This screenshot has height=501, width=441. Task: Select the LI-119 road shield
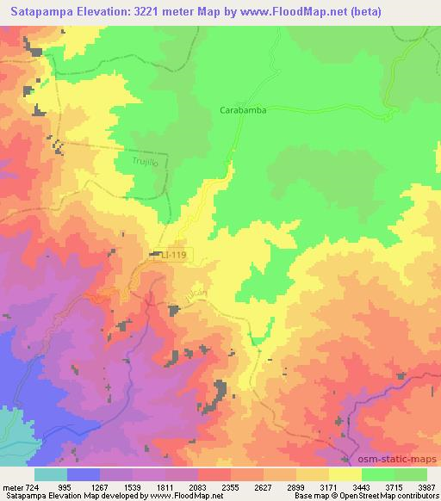(x=173, y=255)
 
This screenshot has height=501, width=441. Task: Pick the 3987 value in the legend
(x=427, y=487)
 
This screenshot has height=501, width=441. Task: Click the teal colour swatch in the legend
(x=50, y=474)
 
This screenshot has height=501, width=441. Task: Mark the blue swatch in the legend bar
(x=84, y=474)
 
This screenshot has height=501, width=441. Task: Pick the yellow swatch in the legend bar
(x=345, y=474)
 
